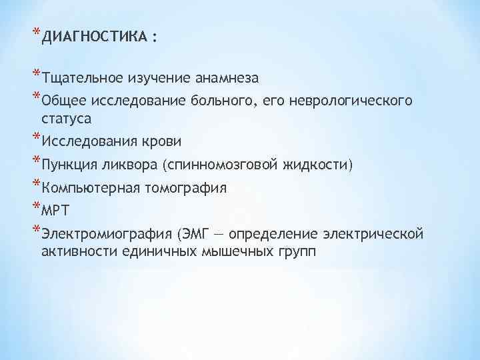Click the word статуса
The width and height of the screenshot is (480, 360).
(66, 118)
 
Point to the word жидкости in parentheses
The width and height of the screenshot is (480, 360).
(317, 165)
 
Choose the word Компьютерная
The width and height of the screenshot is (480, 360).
(89, 188)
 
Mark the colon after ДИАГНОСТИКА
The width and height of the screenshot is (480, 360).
(155, 39)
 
